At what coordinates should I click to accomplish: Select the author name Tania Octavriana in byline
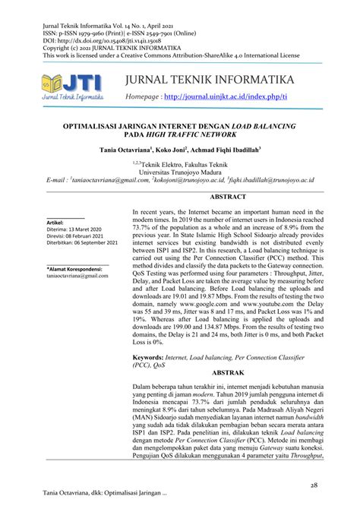coord(125,151)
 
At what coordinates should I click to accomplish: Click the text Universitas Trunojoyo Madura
coord(180,171)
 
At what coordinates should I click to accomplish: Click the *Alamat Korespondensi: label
coord(75,269)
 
